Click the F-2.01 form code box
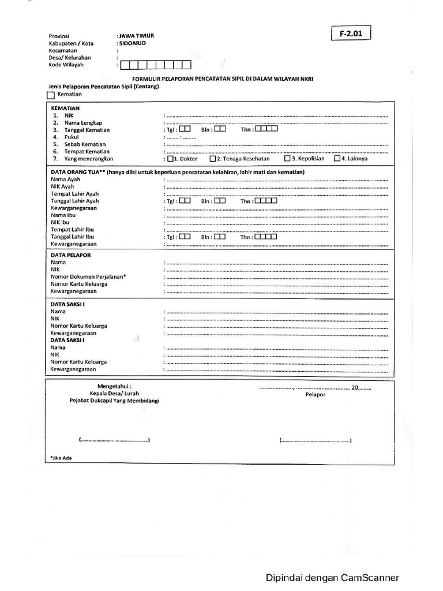pos(351,34)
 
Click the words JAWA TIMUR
pos(136,36)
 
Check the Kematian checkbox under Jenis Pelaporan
pos(51,95)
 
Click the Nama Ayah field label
pos(65,180)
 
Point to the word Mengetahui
pos(114,386)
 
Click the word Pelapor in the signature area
pos(316,395)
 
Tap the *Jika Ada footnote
pos(61,458)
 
